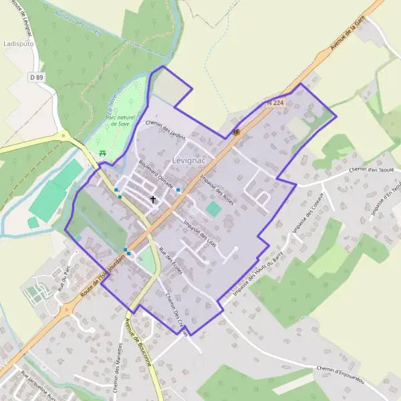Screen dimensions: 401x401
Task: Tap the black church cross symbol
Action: [x=153, y=199]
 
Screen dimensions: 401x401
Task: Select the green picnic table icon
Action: [x=102, y=153]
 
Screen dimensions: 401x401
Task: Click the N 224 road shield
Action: [x=275, y=103]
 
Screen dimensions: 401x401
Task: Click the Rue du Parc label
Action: [x=64, y=273]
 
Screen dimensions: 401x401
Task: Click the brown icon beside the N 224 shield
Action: [x=236, y=132]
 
